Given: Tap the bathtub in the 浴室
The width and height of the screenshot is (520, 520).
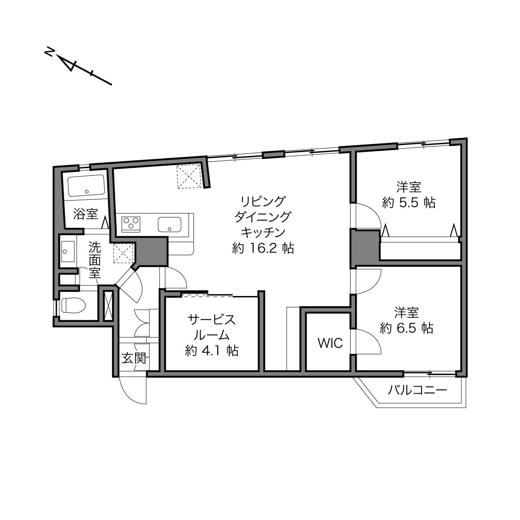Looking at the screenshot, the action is (x=86, y=185).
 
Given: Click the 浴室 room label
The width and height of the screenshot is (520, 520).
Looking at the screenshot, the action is (x=85, y=214).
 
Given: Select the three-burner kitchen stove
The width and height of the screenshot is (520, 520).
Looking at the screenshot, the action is (x=131, y=224).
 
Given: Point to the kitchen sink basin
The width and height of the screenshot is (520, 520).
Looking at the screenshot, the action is (x=169, y=224).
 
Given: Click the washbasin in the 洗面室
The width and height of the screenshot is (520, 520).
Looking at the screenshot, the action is (x=68, y=251).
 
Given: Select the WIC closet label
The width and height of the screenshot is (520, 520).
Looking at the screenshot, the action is (x=330, y=343).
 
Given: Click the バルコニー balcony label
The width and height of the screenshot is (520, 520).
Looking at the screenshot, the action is (x=417, y=390).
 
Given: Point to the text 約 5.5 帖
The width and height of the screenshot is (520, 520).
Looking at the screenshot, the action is (x=409, y=202).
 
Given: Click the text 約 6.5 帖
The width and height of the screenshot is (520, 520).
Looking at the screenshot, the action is (x=406, y=328).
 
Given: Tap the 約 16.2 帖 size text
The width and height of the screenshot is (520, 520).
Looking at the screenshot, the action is (x=263, y=248).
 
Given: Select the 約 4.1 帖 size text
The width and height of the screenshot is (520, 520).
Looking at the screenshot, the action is (x=211, y=351).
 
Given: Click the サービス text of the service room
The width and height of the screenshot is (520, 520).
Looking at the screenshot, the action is (x=211, y=320).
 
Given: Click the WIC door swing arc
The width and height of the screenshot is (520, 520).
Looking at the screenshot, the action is (x=373, y=339).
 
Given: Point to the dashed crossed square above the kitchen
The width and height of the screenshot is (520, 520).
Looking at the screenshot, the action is (x=189, y=177).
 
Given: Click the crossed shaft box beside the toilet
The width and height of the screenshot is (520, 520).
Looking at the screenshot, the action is (x=108, y=306).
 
